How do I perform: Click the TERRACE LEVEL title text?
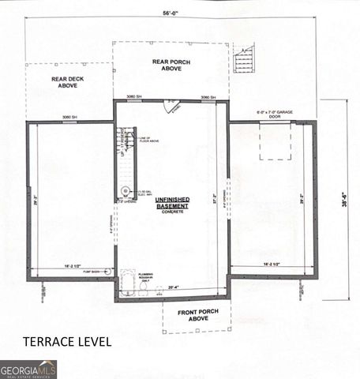point(66,342)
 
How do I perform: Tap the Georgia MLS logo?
point(28,369)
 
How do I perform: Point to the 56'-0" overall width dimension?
point(171,12)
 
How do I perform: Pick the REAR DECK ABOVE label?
point(70,83)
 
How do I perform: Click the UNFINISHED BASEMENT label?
point(171,204)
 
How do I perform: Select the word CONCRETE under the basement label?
point(171,212)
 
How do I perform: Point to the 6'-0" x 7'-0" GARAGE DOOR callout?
point(275,114)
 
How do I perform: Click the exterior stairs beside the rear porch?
point(244,60)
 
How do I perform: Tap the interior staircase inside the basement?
point(125,144)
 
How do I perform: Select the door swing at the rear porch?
point(171,105)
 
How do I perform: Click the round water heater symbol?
point(126,191)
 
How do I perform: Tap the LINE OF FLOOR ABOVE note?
point(149,142)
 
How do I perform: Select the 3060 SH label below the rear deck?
point(69,118)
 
